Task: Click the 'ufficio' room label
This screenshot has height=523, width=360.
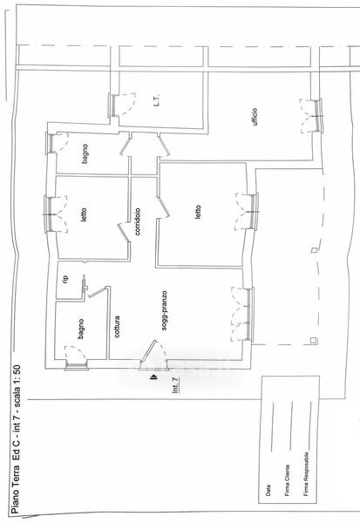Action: point(255,117)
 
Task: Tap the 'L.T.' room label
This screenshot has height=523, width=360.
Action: point(157,99)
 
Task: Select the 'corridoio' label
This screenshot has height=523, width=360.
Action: point(138,221)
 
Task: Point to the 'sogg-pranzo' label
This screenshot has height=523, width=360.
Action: point(164,311)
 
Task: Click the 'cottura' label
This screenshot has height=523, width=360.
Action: point(117,327)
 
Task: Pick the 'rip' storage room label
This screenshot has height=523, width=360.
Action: point(65,278)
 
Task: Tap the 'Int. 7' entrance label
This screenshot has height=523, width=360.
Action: point(176,385)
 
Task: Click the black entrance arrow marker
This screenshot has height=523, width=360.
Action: point(153,377)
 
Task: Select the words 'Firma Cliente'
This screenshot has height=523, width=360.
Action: point(288,480)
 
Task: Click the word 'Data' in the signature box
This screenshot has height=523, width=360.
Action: point(268,490)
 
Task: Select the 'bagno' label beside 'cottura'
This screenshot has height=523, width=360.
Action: point(81,329)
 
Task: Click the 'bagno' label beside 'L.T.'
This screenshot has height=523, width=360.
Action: point(85,153)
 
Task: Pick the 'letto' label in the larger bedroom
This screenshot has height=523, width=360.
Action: point(198,212)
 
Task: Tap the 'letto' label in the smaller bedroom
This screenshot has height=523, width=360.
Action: point(84,215)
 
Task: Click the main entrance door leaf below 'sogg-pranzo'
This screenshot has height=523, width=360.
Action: point(148,351)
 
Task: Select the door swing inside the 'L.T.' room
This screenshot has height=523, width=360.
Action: point(126,104)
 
